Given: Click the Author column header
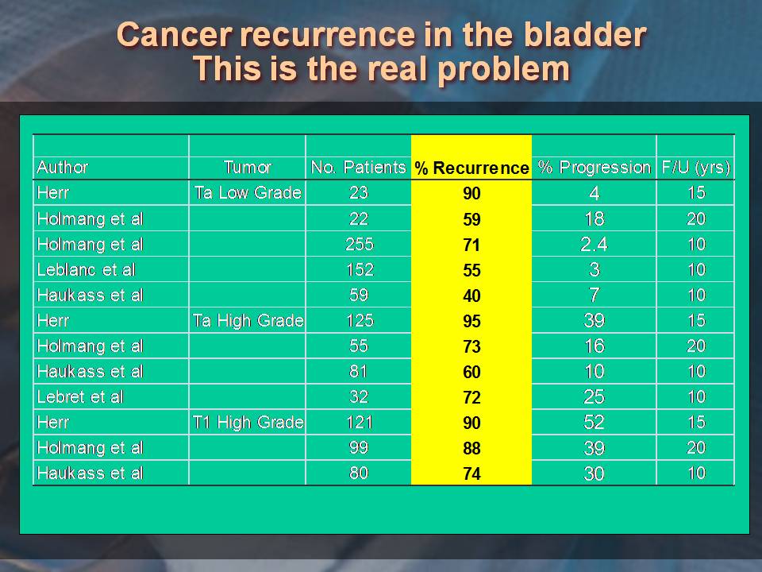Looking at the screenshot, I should point(63,168).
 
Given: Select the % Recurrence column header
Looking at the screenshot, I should point(471,168).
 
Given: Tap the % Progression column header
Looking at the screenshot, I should point(594,168).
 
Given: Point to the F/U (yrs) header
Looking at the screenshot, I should point(695,168).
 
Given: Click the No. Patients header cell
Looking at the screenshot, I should point(358,168).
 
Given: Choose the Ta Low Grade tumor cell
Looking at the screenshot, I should point(247,192).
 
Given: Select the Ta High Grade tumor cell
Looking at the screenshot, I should point(248,321).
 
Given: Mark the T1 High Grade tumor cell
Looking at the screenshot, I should point(248,423).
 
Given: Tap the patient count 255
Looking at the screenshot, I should point(359,244).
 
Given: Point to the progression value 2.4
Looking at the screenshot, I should point(594,244).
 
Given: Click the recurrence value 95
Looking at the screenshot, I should point(471,322).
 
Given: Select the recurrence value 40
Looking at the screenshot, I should point(471,296).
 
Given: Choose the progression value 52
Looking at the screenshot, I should point(594,423).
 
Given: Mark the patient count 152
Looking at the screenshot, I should point(359,269).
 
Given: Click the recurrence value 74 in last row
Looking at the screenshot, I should point(471,474).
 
